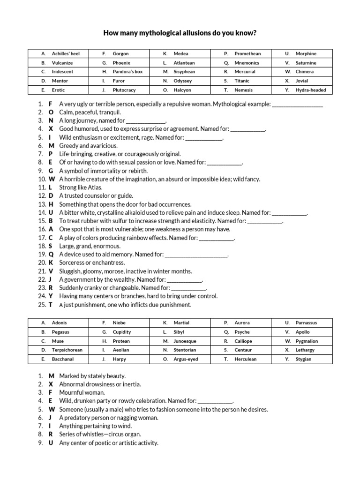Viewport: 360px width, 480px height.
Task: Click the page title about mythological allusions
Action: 180,33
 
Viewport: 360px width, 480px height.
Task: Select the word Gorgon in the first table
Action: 120,54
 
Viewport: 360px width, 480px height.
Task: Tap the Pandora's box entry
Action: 127,72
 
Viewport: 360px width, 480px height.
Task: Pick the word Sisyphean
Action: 184,72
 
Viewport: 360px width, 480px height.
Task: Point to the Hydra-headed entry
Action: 311,90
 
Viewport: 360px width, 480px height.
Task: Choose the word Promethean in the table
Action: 247,54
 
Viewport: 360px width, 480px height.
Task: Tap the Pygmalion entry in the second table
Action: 307,341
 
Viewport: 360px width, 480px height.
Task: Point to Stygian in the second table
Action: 303,360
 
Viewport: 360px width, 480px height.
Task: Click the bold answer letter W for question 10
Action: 52,179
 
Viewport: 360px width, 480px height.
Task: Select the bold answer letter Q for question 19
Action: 51,255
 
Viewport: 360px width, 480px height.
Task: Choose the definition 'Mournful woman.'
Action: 82,392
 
